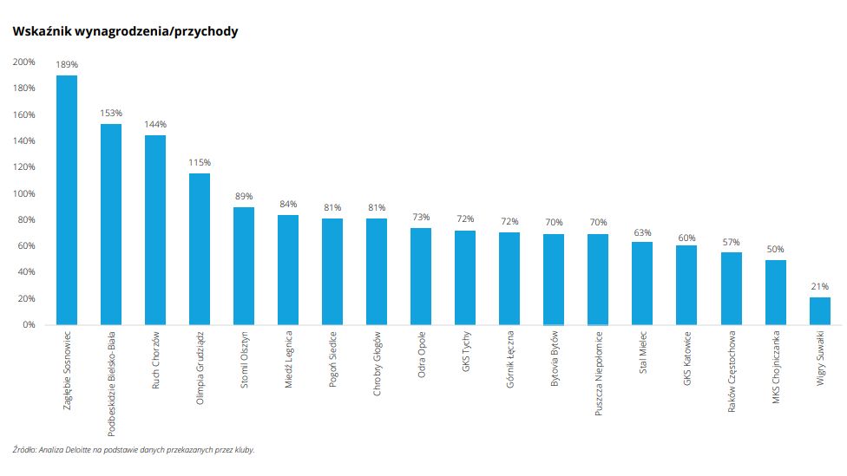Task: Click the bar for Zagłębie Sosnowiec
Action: [67, 200]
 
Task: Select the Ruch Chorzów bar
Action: [155, 230]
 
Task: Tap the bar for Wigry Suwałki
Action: [819, 310]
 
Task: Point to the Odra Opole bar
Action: [421, 276]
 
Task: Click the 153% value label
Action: [111, 113]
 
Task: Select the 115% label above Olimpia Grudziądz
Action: [200, 162]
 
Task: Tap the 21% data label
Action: [819, 286]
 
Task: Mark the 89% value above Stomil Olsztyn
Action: [244, 196]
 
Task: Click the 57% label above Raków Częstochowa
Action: [731, 241]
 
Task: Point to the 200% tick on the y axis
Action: [23, 62]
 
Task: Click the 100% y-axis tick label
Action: [23, 193]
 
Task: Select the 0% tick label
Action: [29, 325]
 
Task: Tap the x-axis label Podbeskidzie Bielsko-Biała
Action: [112, 381]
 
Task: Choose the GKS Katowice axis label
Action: [687, 357]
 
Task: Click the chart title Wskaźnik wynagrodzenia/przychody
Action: [125, 31]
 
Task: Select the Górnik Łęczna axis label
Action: [510, 357]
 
